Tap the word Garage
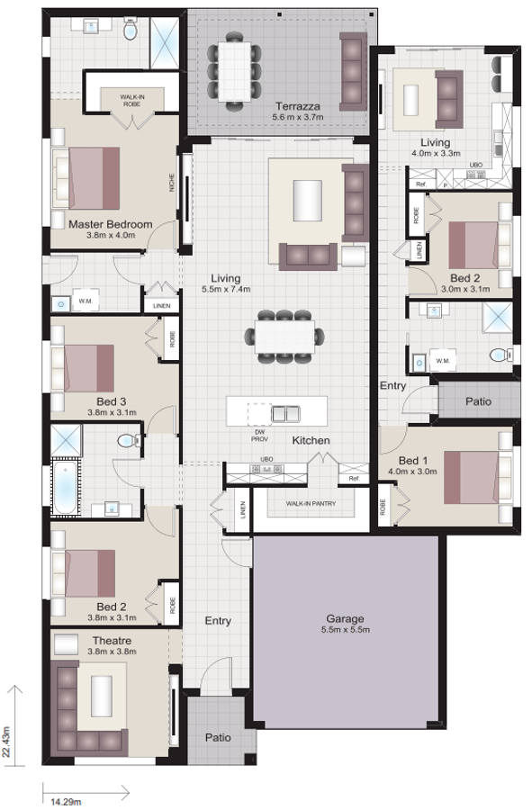345,618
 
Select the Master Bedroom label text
110,224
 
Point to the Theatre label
112,641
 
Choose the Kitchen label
310,440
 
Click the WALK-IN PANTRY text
311,504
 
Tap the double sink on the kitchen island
287,414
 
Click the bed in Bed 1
477,476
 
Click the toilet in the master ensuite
131,31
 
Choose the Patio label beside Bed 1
478,400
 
